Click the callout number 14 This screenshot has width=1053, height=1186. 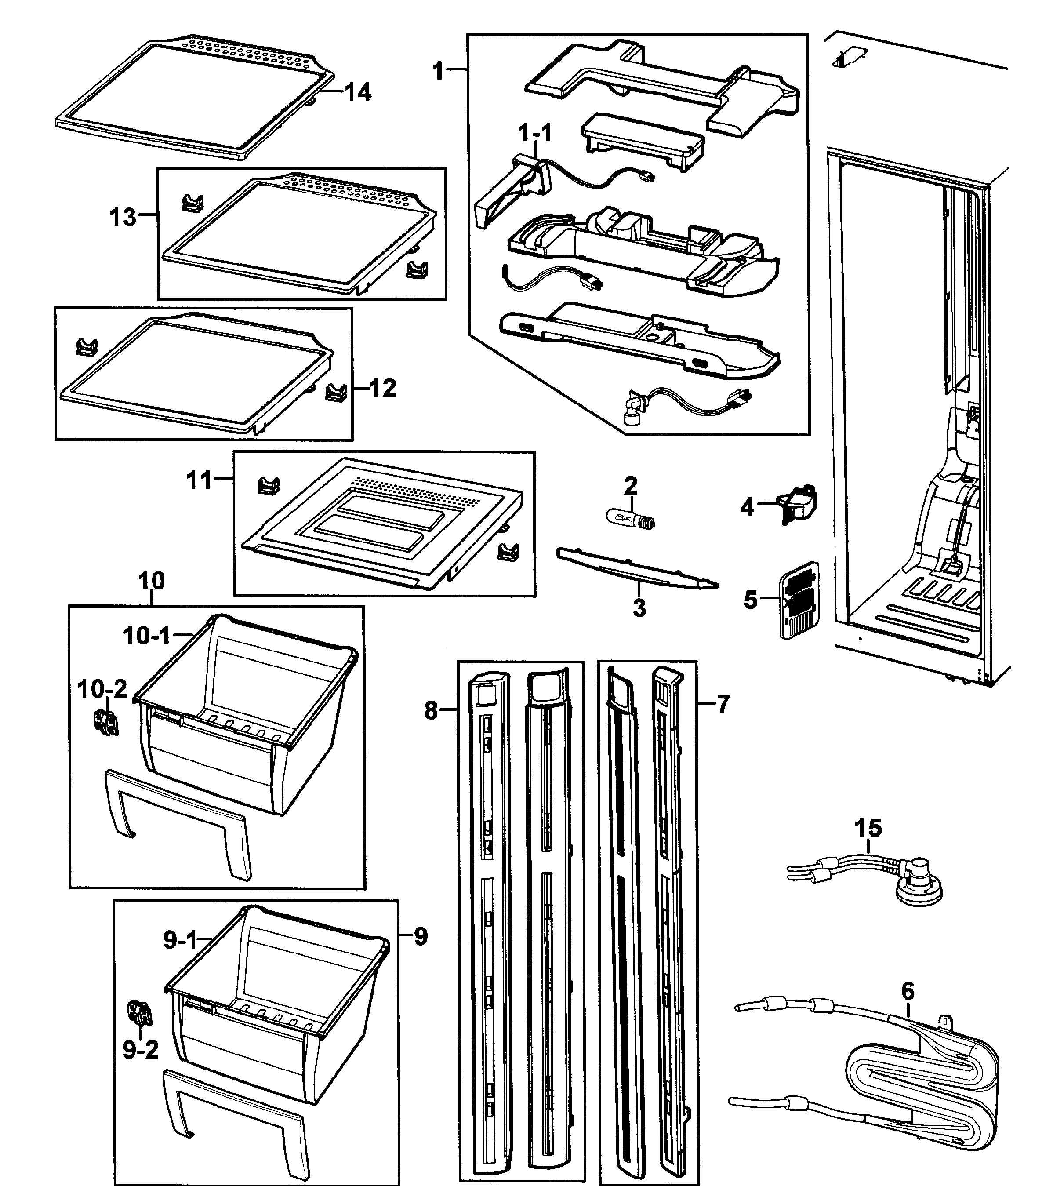pos(358,92)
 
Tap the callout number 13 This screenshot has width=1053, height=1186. pos(123,217)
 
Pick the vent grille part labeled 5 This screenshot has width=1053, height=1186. pos(800,600)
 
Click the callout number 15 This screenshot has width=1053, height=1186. pos(868,828)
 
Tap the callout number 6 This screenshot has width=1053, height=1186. pos(908,990)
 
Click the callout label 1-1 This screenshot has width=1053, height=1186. pos(535,133)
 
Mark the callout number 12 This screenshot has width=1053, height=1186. pos(382,388)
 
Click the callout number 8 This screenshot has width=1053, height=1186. pos(431,709)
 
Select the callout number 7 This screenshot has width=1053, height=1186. pos(723,704)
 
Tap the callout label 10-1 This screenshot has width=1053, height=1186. pos(147,636)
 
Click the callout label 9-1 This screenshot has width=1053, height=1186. pos(180,940)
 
